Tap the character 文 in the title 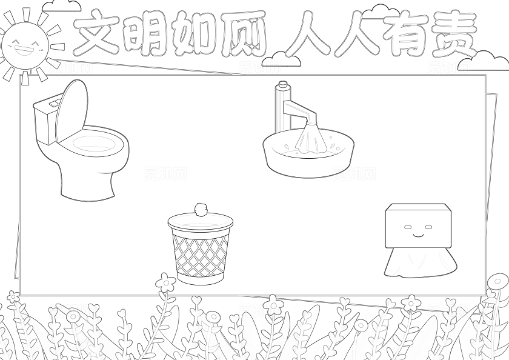96,34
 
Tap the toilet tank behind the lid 44,121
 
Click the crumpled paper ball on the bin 201,210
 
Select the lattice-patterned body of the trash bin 201,255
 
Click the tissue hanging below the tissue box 419,262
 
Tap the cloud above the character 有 381,10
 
